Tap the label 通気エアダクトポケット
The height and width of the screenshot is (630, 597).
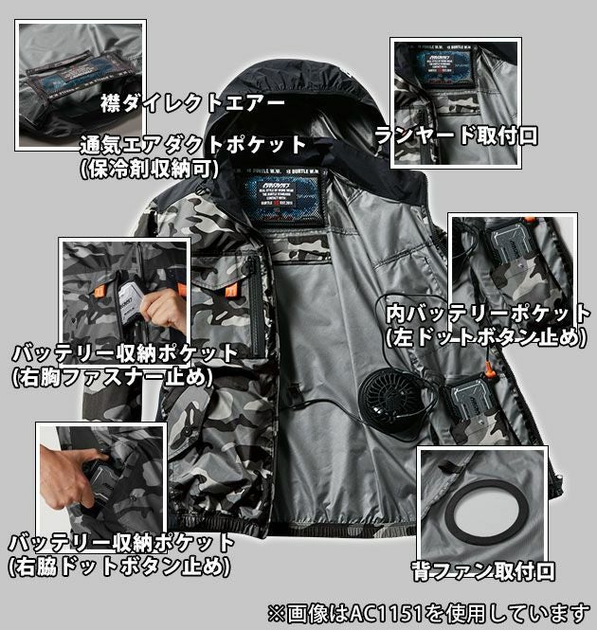tap(194, 145)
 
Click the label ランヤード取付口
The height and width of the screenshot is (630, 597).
tap(456, 135)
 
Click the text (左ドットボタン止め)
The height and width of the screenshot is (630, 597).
tap(485, 335)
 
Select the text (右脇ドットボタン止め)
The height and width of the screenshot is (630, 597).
tap(118, 567)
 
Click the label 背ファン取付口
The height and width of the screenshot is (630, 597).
tap(483, 570)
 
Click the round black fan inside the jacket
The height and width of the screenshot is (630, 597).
tap(391, 403)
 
